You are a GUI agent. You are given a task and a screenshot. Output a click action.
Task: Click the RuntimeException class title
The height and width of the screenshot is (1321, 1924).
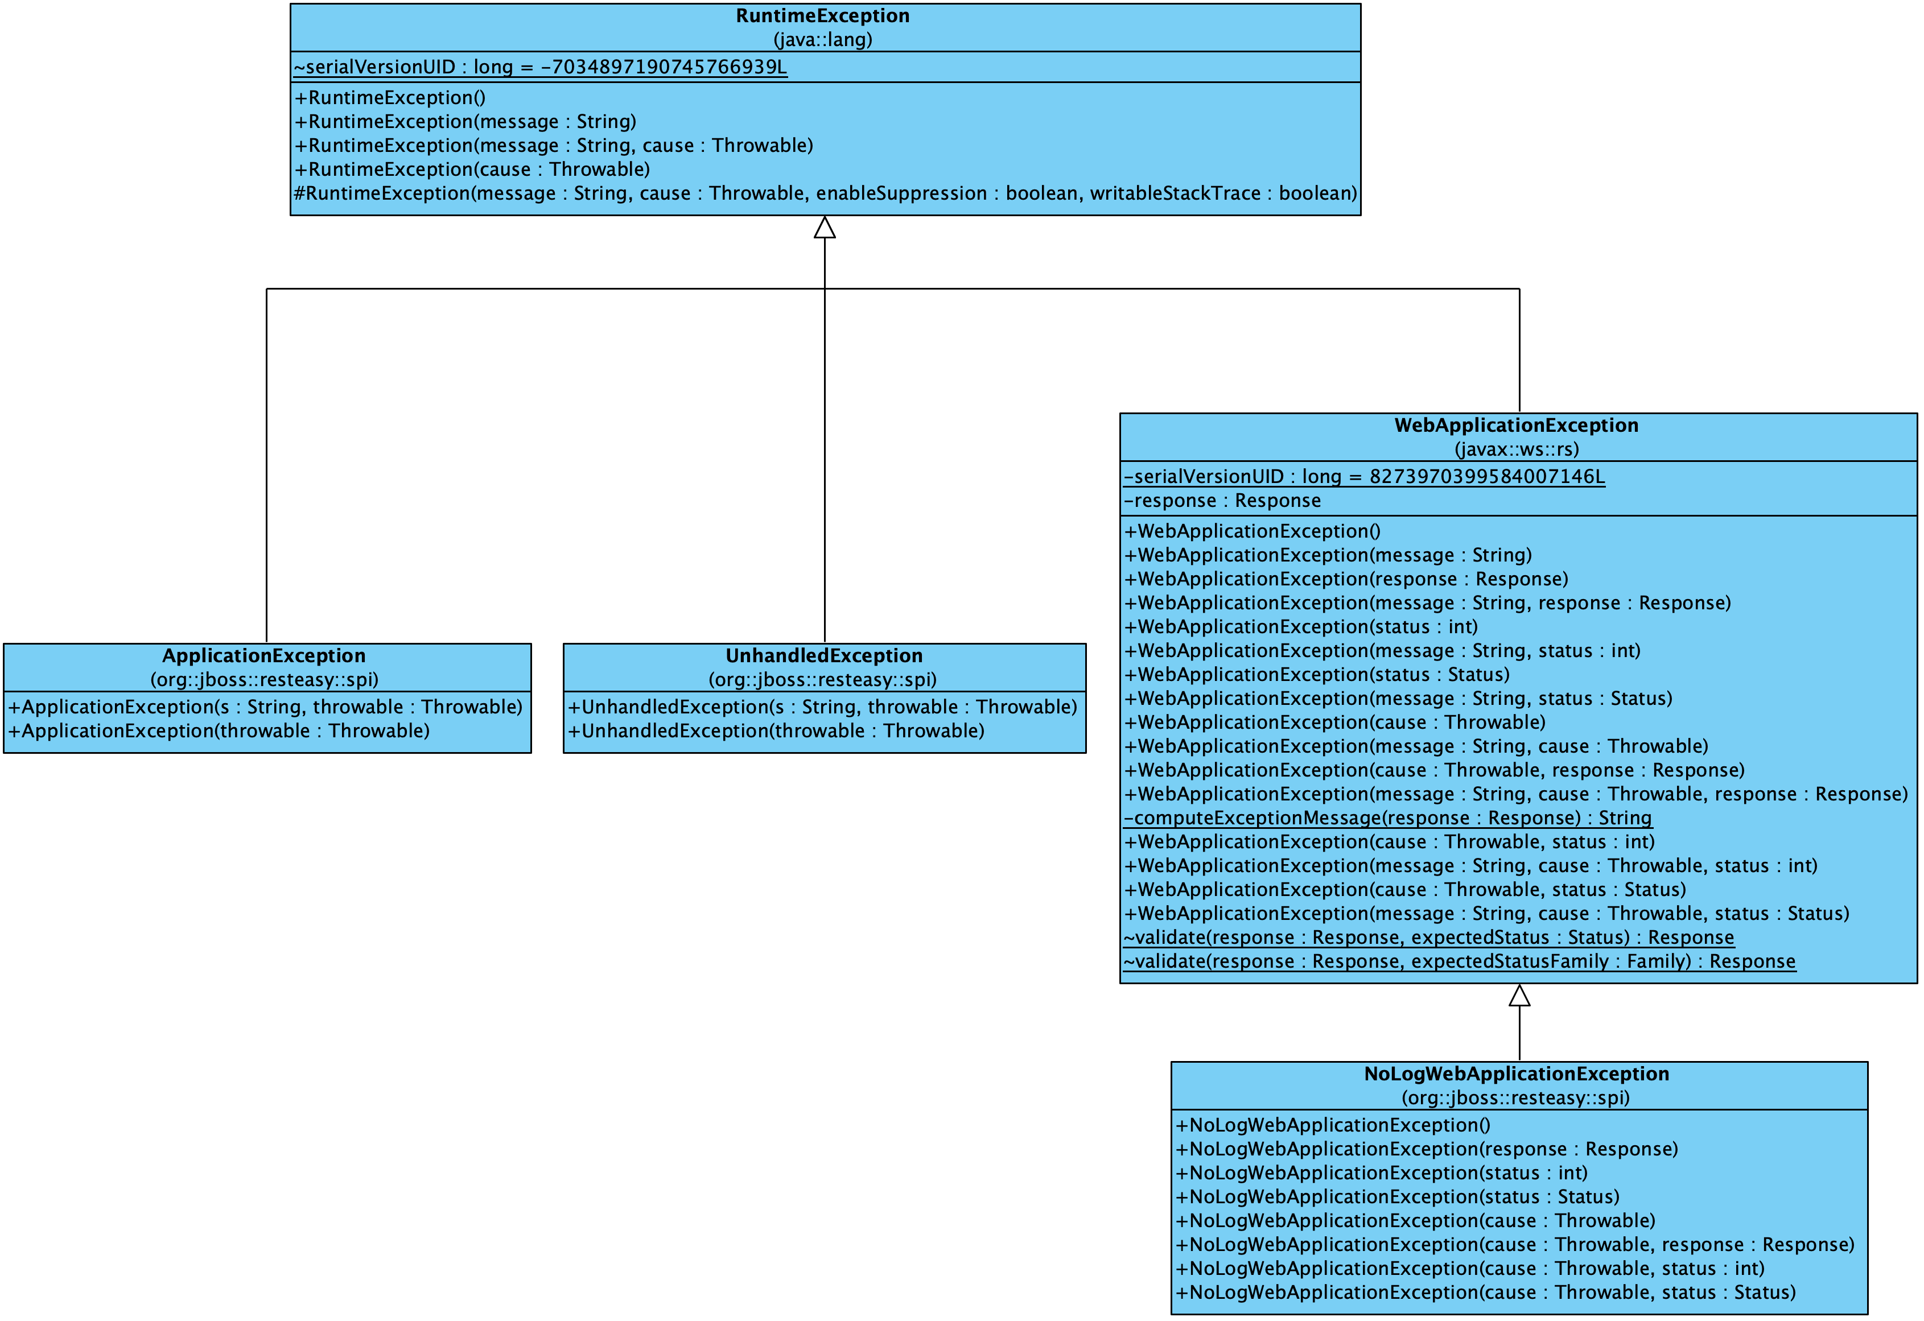[822, 16]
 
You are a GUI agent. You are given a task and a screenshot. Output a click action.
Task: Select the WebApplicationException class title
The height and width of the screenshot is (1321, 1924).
[1516, 426]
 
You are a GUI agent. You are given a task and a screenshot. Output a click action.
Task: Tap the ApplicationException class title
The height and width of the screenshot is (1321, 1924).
[263, 655]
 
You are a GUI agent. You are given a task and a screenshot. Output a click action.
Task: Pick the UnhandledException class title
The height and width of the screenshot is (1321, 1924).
[824, 655]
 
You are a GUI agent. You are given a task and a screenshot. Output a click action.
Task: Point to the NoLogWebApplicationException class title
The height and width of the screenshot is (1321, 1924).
[1516, 1074]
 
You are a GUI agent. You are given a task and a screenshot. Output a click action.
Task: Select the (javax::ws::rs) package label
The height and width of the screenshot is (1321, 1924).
[1516, 449]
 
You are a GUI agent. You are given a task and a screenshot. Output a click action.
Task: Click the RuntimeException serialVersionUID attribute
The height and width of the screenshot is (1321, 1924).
[540, 67]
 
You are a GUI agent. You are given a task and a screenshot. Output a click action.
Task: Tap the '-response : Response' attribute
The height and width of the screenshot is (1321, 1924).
[1222, 501]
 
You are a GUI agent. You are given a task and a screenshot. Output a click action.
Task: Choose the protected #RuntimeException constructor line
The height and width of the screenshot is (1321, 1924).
[825, 193]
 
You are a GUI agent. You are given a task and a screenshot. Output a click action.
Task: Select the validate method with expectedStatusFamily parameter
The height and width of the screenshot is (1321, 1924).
[1460, 962]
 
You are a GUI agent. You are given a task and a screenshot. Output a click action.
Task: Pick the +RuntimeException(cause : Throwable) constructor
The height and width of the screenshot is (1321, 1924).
[472, 170]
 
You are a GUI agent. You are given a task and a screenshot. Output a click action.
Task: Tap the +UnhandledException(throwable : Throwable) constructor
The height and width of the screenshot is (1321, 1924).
[776, 732]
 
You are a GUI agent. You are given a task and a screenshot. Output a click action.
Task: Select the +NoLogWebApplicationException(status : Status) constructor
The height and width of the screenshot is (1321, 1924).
[1398, 1198]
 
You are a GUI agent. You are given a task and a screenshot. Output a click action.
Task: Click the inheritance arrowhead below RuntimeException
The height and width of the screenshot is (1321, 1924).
[825, 228]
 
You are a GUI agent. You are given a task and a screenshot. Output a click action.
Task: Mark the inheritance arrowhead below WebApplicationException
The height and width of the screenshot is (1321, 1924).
[1519, 996]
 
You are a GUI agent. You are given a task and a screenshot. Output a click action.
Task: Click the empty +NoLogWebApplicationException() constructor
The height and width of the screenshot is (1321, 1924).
[1333, 1126]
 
